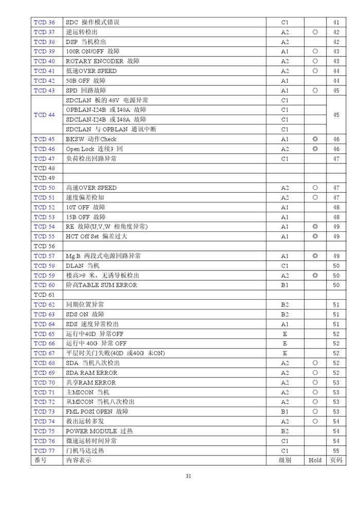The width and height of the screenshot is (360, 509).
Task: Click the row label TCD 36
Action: pos(44,23)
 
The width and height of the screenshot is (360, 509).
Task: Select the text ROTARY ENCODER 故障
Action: pos(102,61)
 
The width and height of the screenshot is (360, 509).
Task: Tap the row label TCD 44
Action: pos(44,115)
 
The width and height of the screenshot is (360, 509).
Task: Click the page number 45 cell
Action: pos(336,115)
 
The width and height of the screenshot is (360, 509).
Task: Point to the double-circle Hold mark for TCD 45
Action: pos(315,139)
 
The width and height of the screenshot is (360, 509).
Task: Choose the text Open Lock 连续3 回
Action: pos(94,149)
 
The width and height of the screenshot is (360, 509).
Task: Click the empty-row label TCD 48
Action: pos(44,168)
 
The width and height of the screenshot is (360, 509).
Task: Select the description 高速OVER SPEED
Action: pos(91,188)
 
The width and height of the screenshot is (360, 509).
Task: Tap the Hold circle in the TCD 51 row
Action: pos(315,197)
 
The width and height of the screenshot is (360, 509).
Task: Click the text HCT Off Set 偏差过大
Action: pos(96,237)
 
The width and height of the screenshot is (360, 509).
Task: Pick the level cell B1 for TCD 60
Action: pos(285,285)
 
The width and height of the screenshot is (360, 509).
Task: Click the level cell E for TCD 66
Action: pos(285,343)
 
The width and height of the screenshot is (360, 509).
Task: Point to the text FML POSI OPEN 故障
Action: pos(97,412)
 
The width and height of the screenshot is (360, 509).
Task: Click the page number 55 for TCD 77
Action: pos(336,451)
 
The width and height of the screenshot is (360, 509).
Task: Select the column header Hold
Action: pos(315,461)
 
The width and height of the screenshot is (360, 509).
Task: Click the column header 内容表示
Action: pos(79,461)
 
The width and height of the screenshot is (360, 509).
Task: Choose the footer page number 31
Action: pos(188,477)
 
